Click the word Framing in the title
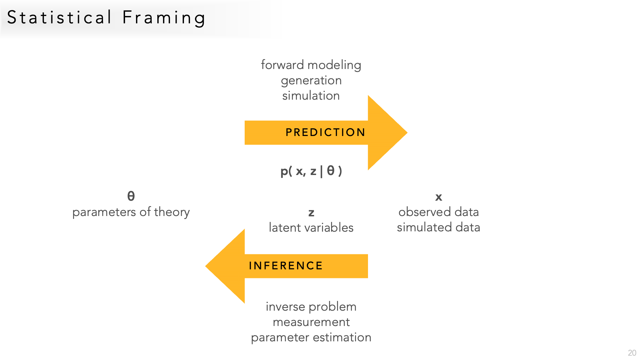pyautogui.click(x=164, y=18)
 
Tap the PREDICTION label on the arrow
pyautogui.click(x=325, y=132)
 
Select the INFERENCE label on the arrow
pyautogui.click(x=286, y=266)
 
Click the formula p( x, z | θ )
pyautogui.click(x=311, y=171)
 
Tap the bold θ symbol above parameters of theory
pyautogui.click(x=131, y=196)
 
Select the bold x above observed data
pyautogui.click(x=439, y=197)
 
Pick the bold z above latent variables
pyautogui.click(x=311, y=213)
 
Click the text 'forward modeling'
pyautogui.click(x=311, y=65)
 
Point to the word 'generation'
pyautogui.click(x=311, y=80)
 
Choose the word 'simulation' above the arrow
pyautogui.click(x=311, y=96)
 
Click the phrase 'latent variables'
pyautogui.click(x=311, y=228)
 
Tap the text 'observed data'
pyautogui.click(x=439, y=212)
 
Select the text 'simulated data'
pyautogui.click(x=439, y=227)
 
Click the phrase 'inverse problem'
pyautogui.click(x=311, y=307)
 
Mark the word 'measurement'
pyautogui.click(x=311, y=322)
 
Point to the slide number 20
pyautogui.click(x=632, y=353)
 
